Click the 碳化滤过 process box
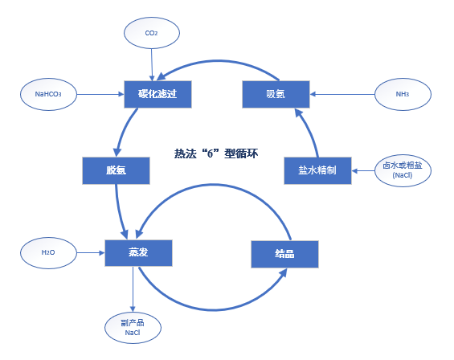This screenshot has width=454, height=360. (157, 94)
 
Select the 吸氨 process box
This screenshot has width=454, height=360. (276, 94)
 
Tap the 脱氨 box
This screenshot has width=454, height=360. (116, 170)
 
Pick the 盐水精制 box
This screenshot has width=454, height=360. (317, 170)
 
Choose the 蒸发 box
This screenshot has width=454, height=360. (138, 253)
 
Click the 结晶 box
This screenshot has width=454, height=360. (285, 254)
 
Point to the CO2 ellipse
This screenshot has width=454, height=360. (152, 33)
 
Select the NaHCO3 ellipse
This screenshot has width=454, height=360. (48, 94)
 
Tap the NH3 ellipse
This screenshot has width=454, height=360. (403, 94)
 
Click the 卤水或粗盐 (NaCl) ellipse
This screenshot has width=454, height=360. (403, 170)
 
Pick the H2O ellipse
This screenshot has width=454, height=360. (48, 253)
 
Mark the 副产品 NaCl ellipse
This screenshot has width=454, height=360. (133, 328)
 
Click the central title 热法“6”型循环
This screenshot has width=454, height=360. (216, 153)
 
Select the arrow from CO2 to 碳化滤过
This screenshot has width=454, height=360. (152, 65)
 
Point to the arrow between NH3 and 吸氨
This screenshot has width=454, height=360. (342, 94)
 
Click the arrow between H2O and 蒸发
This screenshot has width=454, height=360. (91, 253)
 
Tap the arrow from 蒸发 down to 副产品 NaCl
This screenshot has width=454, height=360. (133, 289)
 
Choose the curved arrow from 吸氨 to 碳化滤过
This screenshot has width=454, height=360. (217, 61)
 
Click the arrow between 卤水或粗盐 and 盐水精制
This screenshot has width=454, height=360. (363, 171)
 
